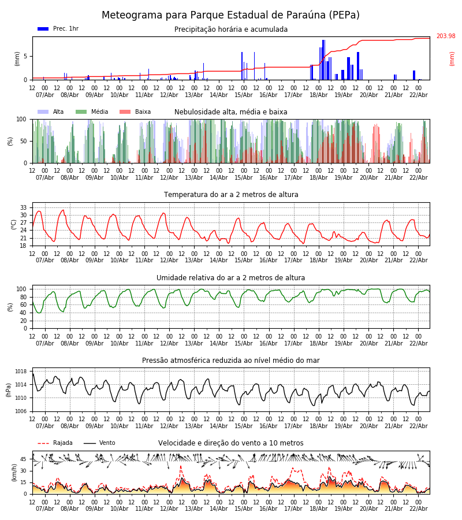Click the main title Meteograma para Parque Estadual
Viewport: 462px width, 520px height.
tap(230, 15)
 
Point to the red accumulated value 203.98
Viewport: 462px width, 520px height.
tap(445, 36)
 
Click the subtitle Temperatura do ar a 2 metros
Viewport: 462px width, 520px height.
tap(231, 195)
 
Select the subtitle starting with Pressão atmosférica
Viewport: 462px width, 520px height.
tap(231, 361)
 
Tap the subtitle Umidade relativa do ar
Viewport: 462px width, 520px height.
tap(231, 278)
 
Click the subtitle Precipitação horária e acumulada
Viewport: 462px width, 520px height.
tap(231, 29)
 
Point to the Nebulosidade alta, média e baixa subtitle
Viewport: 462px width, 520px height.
tap(231, 112)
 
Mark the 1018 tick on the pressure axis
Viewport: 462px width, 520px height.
tap(21, 372)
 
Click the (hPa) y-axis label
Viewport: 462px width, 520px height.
tap(9, 390)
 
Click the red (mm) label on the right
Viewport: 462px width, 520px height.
tap(452, 58)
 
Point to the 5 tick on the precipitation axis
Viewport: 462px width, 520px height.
tap(26, 57)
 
